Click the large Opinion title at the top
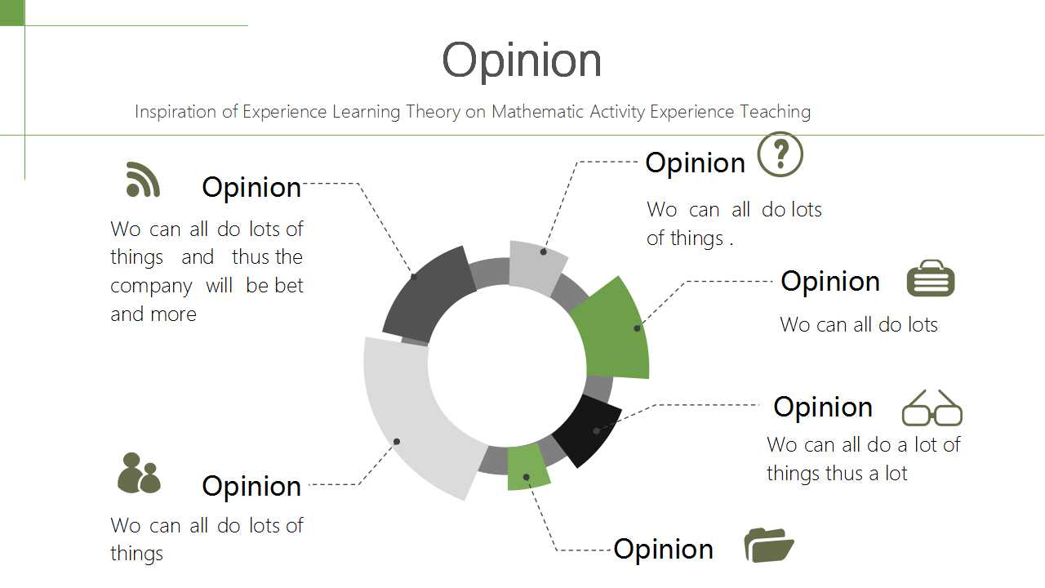click(x=522, y=60)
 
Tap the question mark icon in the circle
click(x=780, y=154)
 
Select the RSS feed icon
click(x=143, y=180)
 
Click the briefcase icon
click(x=931, y=278)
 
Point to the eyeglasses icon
click(x=932, y=408)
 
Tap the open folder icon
click(x=769, y=545)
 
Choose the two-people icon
click(x=139, y=473)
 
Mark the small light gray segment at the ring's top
click(x=536, y=267)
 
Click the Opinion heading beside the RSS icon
click(x=251, y=188)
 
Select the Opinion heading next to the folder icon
click(x=664, y=550)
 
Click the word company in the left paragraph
click(x=151, y=286)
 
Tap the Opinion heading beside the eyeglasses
click(x=823, y=407)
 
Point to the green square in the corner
click(x=12, y=12)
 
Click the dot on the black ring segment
click(x=596, y=430)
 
